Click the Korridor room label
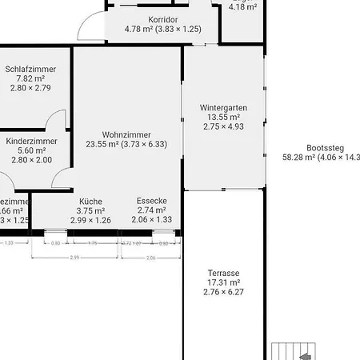click(x=162, y=18)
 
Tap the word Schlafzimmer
click(x=30, y=69)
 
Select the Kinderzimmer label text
click(x=31, y=141)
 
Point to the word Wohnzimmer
click(x=126, y=134)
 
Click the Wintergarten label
click(x=223, y=107)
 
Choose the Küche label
click(x=90, y=201)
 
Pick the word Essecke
click(x=151, y=201)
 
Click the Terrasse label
click(x=223, y=273)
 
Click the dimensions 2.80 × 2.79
click(x=30, y=88)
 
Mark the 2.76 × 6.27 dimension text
click(x=223, y=292)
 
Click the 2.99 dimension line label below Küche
click(x=74, y=258)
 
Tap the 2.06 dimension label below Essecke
click(x=151, y=258)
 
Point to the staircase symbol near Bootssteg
click(x=296, y=350)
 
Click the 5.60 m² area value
click(x=31, y=150)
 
